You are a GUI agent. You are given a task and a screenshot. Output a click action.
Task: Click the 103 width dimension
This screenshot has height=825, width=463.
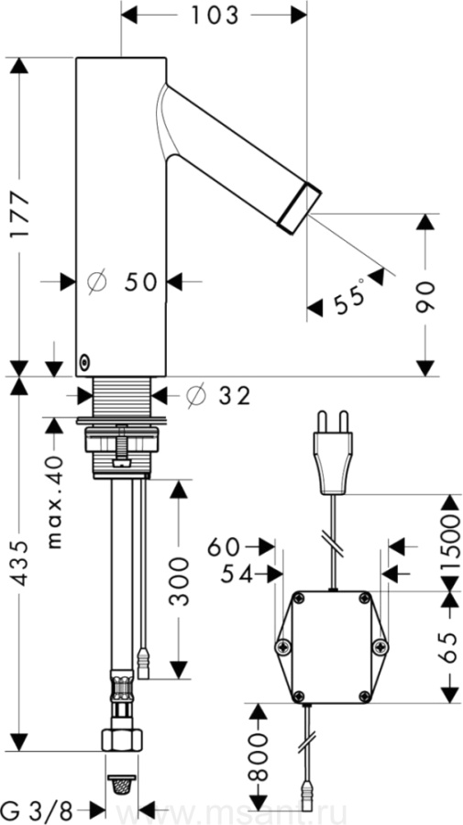coord(215,16)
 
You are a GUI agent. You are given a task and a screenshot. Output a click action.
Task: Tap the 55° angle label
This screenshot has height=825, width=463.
coord(350,298)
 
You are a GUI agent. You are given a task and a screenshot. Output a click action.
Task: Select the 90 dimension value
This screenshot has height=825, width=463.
coord(425,297)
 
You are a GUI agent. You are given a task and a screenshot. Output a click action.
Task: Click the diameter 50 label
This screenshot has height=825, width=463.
coord(123,282)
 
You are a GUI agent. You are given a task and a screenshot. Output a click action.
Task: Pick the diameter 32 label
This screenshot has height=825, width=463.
coord(219,396)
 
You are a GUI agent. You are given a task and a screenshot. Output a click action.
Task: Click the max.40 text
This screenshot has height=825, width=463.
coord(54,502)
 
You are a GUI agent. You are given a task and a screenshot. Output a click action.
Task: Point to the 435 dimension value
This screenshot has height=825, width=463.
coord(21,562)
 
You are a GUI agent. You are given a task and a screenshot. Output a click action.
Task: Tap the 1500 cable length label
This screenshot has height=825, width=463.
coord(450,543)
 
